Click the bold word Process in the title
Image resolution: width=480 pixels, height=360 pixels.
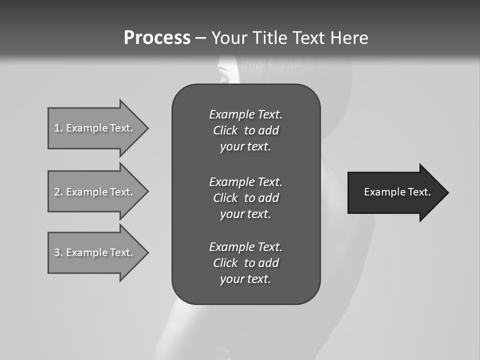[157, 38]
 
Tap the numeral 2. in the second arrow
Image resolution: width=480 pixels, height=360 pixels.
[58, 192]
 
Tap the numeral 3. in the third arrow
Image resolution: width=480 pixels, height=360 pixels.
[58, 252]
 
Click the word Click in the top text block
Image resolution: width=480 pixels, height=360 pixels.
[225, 130]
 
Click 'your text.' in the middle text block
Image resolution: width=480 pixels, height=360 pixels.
[245, 214]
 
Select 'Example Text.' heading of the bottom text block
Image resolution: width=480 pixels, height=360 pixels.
[245, 247]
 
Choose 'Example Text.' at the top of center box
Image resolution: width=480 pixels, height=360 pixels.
[245, 114]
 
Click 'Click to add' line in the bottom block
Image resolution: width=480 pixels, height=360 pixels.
[245, 263]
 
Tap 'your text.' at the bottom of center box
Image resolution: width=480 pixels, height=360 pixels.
[245, 279]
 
